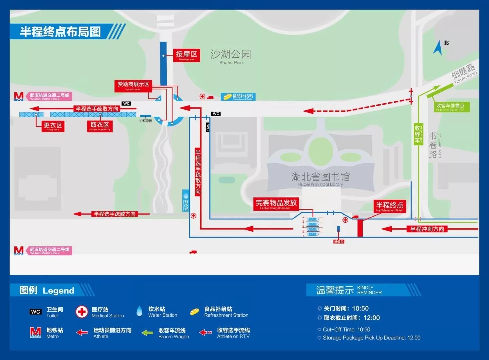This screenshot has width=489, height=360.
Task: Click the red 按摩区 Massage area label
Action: (187, 55)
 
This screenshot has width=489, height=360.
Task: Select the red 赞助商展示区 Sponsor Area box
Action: (133, 86)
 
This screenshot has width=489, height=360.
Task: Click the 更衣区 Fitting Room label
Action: (53, 126)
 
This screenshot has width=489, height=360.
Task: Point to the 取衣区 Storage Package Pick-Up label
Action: (100, 126)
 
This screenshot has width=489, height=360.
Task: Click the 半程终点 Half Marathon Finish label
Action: (389, 206)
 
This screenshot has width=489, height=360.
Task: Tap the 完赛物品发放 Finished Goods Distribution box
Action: (276, 204)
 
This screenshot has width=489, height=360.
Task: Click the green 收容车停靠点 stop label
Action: (450, 107)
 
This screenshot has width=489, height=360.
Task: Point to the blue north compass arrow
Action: (438, 48)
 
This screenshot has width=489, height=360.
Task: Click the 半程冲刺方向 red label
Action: (427, 229)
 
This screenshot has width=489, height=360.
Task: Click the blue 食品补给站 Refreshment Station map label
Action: (238, 97)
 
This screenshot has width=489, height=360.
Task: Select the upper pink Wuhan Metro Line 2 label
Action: (50, 96)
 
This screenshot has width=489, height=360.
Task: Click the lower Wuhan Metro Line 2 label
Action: (50, 251)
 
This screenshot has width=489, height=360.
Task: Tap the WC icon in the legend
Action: (36, 312)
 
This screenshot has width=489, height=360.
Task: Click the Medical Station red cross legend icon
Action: (82, 312)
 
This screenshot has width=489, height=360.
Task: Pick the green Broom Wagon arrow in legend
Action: (147, 333)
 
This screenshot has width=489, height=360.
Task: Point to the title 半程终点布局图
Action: (60, 32)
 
